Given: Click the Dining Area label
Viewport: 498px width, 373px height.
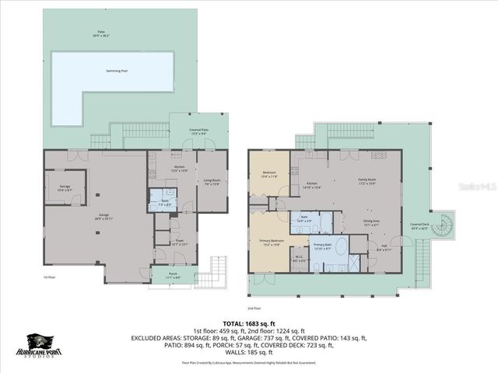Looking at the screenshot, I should coord(372,221).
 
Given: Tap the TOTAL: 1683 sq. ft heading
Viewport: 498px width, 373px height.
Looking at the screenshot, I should coord(249,322).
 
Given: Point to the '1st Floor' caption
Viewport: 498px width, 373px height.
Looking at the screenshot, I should coord(49,277).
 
